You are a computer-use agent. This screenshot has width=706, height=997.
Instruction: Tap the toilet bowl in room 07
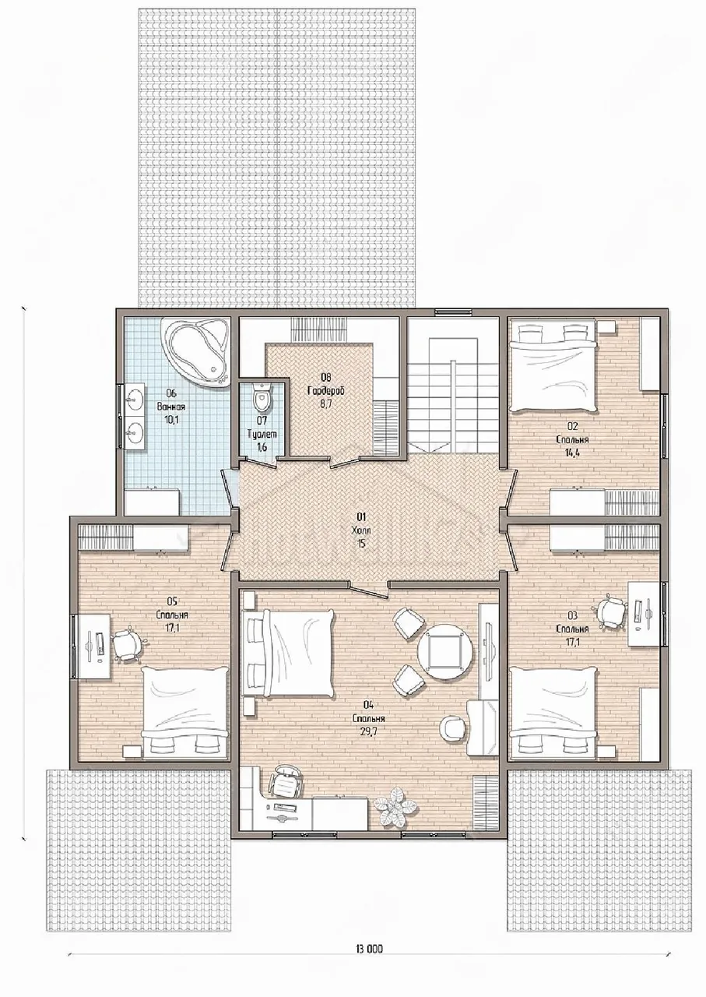(261, 398)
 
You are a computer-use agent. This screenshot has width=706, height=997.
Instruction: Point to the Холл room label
(361, 531)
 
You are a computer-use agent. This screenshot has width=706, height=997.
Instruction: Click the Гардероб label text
(326, 391)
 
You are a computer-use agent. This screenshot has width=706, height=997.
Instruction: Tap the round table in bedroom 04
(445, 653)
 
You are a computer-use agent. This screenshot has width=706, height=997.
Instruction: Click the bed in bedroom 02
(553, 368)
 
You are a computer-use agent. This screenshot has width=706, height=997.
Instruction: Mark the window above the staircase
(452, 311)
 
